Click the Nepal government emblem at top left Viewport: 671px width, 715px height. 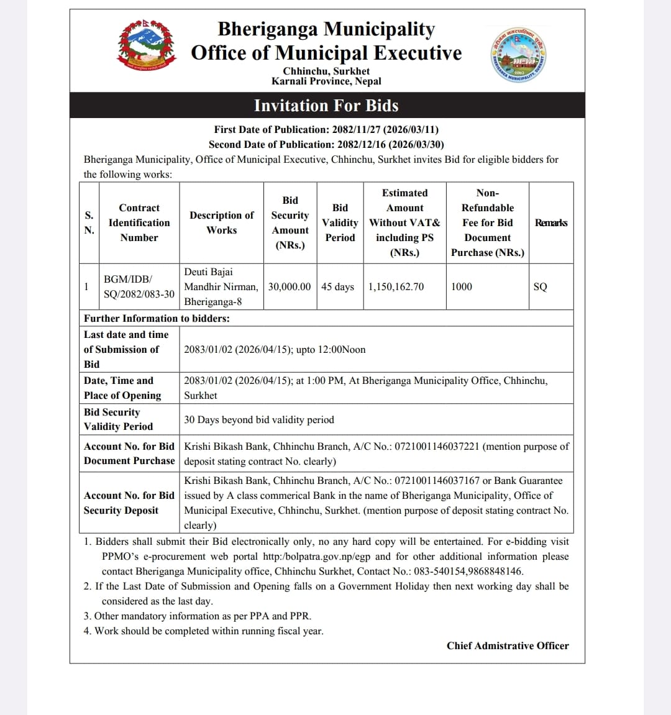coord(146,45)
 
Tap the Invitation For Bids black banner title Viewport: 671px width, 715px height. coord(326,106)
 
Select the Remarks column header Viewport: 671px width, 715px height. coord(550,223)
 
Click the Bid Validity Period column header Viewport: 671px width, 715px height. coord(340,222)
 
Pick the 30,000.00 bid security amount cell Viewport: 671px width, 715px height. coord(290,286)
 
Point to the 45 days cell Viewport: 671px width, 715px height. coord(337,286)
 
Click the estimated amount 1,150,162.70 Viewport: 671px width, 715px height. coord(396,286)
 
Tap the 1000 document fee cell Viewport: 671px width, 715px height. coord(462,286)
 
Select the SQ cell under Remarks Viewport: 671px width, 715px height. coord(541,286)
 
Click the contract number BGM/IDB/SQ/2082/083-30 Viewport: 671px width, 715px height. coord(139,286)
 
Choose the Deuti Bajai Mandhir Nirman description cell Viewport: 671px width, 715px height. coord(221,286)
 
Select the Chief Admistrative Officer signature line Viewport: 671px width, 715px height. coord(508,645)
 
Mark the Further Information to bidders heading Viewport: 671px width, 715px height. coord(157,318)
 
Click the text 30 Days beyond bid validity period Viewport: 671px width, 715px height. coord(259,419)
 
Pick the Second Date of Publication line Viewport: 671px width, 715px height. coord(326,144)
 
